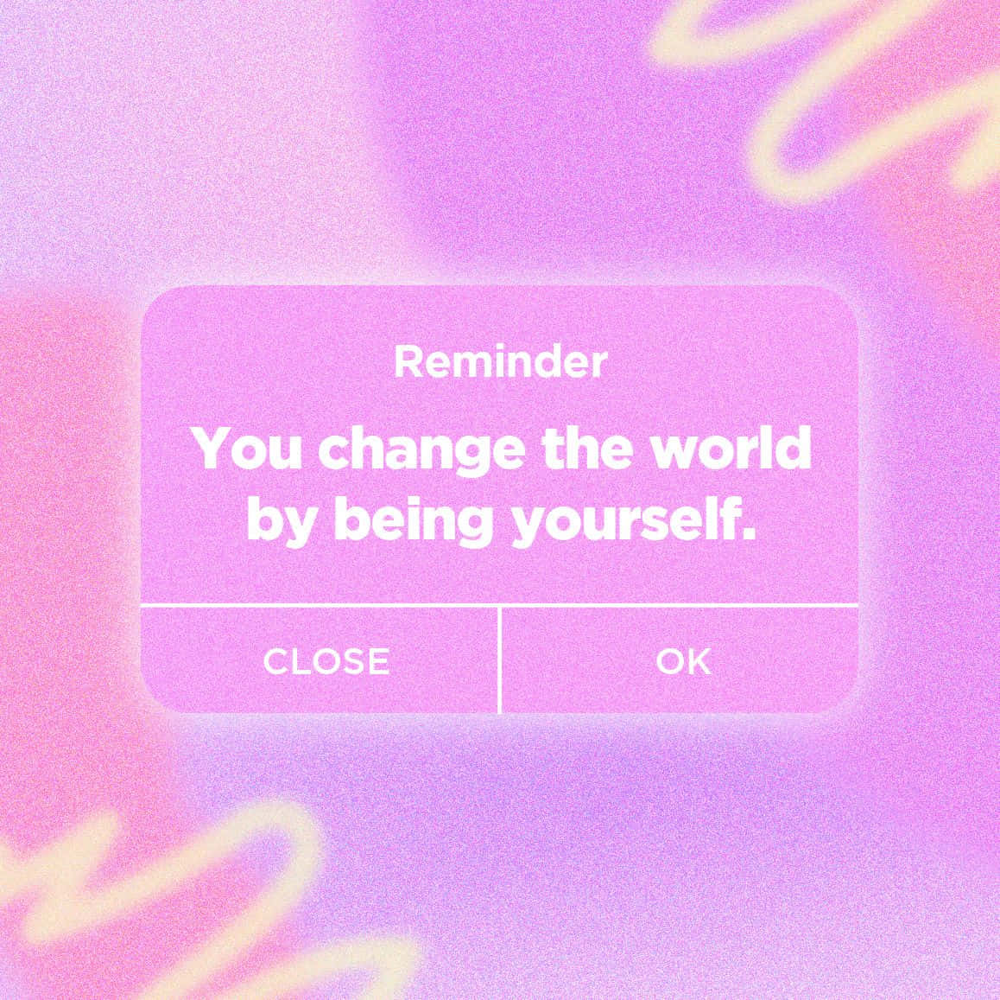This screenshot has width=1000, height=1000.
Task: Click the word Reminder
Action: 501,362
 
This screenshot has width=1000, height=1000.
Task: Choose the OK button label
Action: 683,661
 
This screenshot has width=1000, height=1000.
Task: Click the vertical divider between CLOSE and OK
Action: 500,660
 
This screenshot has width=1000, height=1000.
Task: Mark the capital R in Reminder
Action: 407,363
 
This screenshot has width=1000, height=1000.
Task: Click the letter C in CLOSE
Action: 275,662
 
